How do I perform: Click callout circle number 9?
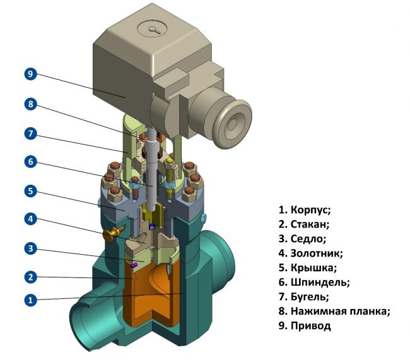coord(30,74)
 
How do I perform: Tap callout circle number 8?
coord(30,104)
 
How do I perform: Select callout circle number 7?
coord(30,133)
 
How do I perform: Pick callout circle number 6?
coord(30,161)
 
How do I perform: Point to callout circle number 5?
coord(30,190)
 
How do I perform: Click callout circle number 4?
coord(30,219)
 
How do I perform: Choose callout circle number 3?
coord(30,248)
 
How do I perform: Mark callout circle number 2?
coord(30,276)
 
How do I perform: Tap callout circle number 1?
coord(30,301)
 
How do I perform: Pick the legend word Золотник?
coord(316,253)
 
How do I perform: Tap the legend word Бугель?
coord(310,297)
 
